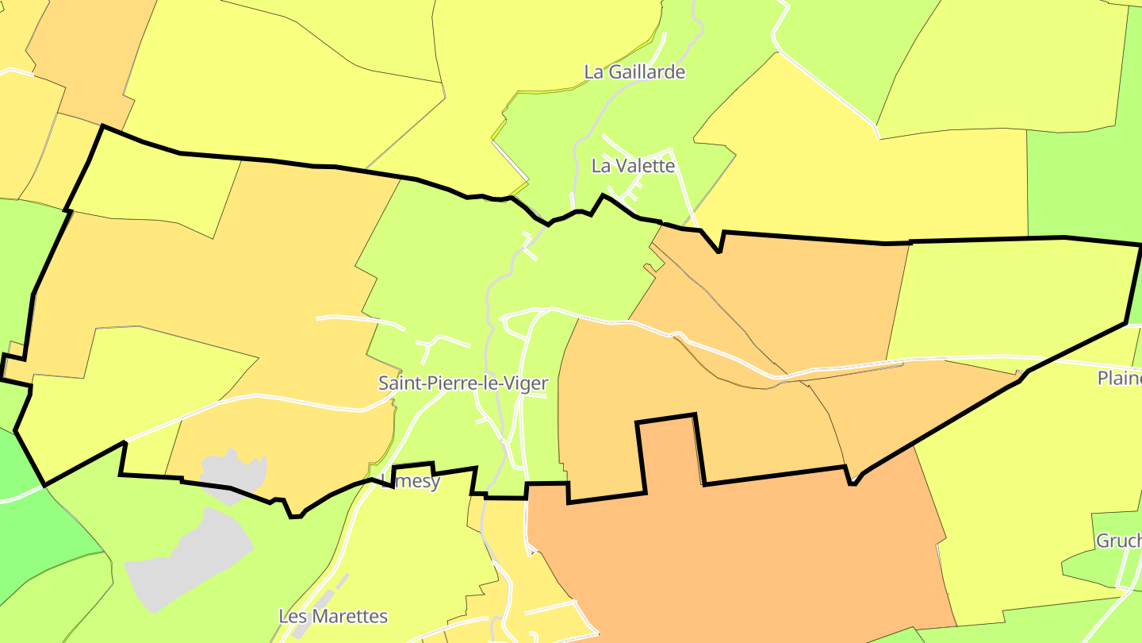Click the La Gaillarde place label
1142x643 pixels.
(x=634, y=72)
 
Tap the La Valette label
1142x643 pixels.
(x=633, y=166)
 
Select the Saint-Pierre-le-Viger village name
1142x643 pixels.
(x=463, y=383)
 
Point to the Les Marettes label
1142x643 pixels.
(x=333, y=616)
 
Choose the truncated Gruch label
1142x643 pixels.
(x=1119, y=541)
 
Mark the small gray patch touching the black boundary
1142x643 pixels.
(x=235, y=475)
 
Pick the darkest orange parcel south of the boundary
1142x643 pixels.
(x=738, y=548)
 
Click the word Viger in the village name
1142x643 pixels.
(x=525, y=383)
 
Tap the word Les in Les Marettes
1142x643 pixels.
(x=293, y=616)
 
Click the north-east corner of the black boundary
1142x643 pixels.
(x=1140, y=245)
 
